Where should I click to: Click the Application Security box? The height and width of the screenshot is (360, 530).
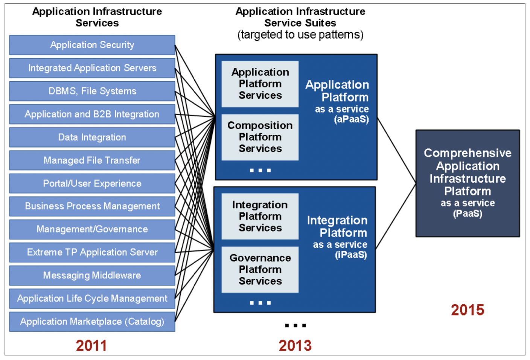click(x=92, y=45)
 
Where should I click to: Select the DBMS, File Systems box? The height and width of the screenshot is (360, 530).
click(x=92, y=91)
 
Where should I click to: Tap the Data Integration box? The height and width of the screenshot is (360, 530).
click(x=92, y=137)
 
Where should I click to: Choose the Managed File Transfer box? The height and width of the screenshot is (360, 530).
click(x=92, y=160)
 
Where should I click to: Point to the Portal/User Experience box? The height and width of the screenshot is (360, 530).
click(x=92, y=183)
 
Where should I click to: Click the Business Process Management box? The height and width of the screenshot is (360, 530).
click(x=92, y=206)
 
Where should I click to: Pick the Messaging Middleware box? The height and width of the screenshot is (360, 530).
click(x=92, y=275)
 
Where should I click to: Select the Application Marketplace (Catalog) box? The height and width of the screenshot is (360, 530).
click(x=92, y=322)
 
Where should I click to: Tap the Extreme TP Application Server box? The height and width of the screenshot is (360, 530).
click(x=92, y=252)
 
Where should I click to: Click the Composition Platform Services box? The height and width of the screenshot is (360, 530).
click(x=260, y=137)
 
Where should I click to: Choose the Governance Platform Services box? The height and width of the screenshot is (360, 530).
click(x=260, y=270)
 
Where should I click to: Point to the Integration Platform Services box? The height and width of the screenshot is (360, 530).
click(x=260, y=216)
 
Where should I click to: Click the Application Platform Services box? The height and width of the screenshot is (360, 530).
click(x=260, y=84)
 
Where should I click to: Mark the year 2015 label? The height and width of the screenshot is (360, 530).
click(x=468, y=310)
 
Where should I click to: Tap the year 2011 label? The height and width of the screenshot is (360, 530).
click(x=91, y=346)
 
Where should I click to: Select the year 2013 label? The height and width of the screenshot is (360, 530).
click(x=295, y=346)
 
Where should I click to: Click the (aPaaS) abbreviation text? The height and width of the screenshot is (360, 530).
click(x=351, y=119)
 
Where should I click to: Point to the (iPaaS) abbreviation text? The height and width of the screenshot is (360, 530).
click(x=351, y=255)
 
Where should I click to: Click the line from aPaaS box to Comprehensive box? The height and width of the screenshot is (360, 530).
click(x=396, y=150)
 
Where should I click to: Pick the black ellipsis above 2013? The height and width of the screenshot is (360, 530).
click(x=295, y=325)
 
